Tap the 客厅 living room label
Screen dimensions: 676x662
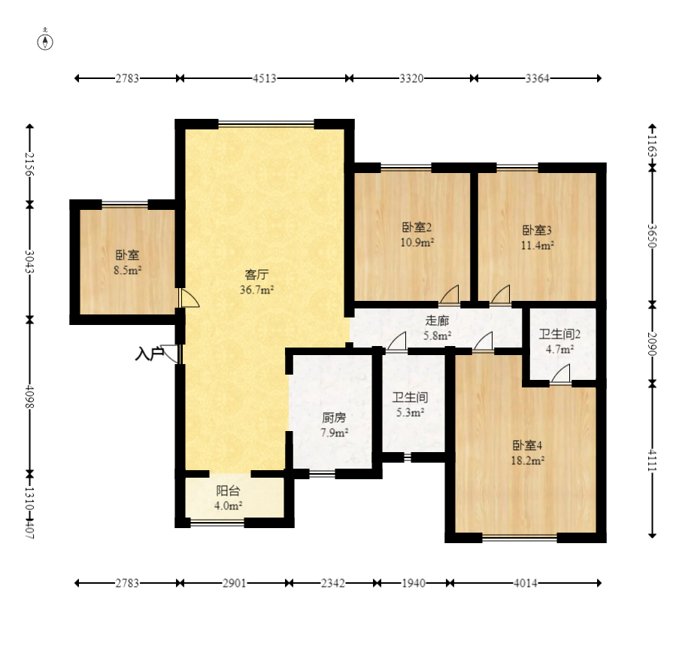point(257,275)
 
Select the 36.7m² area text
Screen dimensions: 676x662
point(257,290)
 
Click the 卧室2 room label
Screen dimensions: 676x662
point(417,227)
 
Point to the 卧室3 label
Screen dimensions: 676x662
point(537,230)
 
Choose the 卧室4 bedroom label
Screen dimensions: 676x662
point(527,445)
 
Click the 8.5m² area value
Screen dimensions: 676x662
point(128,270)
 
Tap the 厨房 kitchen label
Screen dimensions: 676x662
point(334,418)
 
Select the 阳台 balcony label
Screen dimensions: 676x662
point(228,490)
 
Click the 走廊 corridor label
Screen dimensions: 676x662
point(437,320)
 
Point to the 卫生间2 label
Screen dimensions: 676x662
point(559,334)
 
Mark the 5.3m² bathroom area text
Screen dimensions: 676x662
point(411,412)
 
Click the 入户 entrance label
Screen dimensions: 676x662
point(149,354)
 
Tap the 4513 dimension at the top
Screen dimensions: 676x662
point(264,78)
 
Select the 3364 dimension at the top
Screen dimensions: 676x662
point(537,78)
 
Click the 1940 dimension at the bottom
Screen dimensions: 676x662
point(414,584)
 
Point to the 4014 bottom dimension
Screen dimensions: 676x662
point(525,584)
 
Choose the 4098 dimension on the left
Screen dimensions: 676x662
point(29,396)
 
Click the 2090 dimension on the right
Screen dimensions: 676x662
point(652,344)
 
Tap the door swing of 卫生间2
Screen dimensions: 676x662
point(560,373)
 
